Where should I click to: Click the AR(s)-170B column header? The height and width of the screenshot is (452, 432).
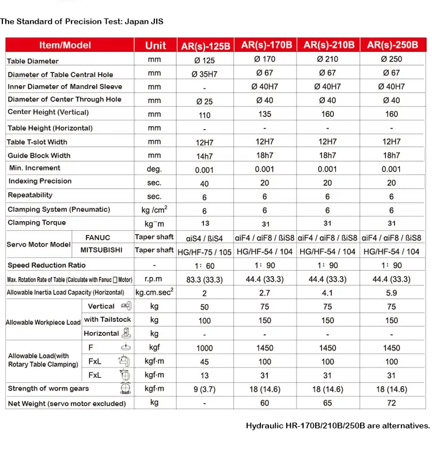pyautogui.click(x=266, y=45)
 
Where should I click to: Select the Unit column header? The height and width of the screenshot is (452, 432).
pyautogui.click(x=156, y=45)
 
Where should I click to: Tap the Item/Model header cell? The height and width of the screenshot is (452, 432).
pyautogui.click(x=65, y=45)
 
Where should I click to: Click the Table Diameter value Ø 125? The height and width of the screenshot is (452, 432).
pyautogui.click(x=205, y=60)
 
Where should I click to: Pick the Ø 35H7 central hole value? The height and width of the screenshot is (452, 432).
pyautogui.click(x=205, y=74)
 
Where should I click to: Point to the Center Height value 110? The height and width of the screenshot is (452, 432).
pyautogui.click(x=205, y=115)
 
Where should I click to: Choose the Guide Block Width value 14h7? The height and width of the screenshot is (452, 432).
pyautogui.click(x=205, y=155)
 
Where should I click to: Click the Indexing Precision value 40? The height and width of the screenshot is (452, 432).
pyautogui.click(x=204, y=183)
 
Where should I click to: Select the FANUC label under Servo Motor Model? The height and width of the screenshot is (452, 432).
pyautogui.click(x=97, y=237)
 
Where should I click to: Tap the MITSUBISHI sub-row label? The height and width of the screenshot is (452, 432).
pyautogui.click(x=97, y=250)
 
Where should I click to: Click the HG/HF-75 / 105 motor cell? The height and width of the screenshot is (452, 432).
pyautogui.click(x=205, y=252)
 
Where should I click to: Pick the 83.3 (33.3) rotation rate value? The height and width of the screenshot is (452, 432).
pyautogui.click(x=205, y=279)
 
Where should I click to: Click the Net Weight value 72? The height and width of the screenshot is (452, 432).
pyautogui.click(x=392, y=403)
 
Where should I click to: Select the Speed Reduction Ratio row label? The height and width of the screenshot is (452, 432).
pyautogui.click(x=47, y=265)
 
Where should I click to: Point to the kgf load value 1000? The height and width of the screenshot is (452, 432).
pyautogui.click(x=205, y=348)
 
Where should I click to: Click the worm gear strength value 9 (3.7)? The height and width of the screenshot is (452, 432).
pyautogui.click(x=205, y=389)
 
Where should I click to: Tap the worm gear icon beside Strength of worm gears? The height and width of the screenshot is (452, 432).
pyautogui.click(x=123, y=388)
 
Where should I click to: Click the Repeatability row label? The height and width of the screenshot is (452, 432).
pyautogui.click(x=30, y=195)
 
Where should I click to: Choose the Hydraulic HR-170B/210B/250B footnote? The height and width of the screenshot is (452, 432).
pyautogui.click(x=338, y=426)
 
